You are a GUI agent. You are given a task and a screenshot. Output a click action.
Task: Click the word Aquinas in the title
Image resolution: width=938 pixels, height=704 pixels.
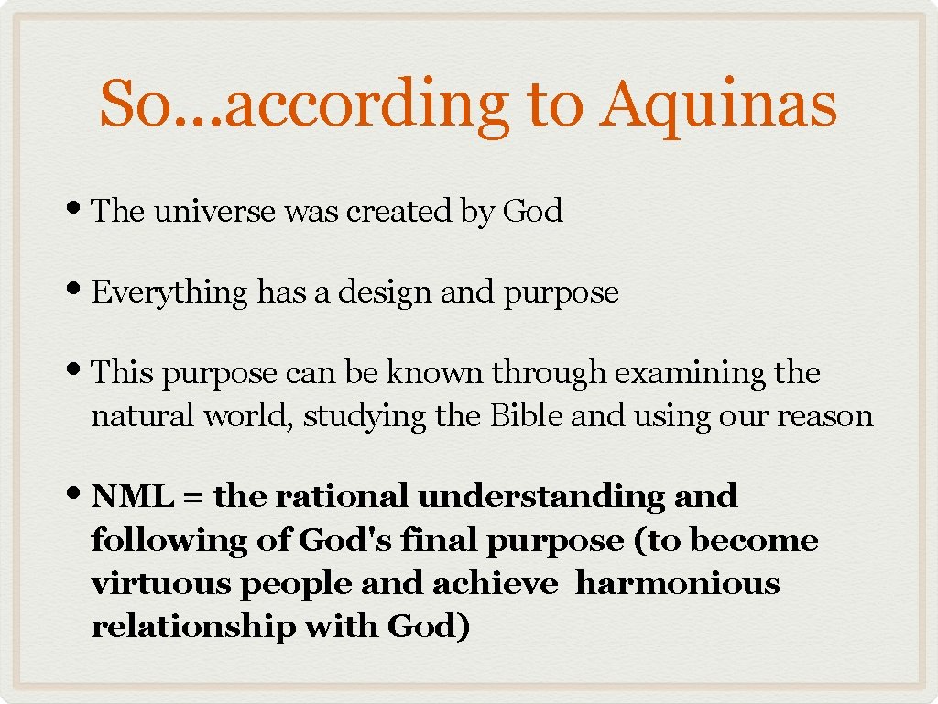pyautogui.click(x=718, y=104)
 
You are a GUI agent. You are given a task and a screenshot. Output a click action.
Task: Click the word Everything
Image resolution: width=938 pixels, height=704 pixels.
pyautogui.click(x=169, y=292)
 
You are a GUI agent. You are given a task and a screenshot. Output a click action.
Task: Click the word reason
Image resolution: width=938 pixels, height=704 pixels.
pyautogui.click(x=825, y=416)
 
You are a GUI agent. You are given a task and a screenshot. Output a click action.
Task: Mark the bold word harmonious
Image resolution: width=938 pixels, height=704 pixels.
pyautogui.click(x=677, y=584)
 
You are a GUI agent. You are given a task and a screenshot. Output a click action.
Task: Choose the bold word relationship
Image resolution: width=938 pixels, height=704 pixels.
pyautogui.click(x=193, y=628)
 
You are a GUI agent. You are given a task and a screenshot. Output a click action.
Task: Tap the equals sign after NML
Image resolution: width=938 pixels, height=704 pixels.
pyautogui.click(x=192, y=498)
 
